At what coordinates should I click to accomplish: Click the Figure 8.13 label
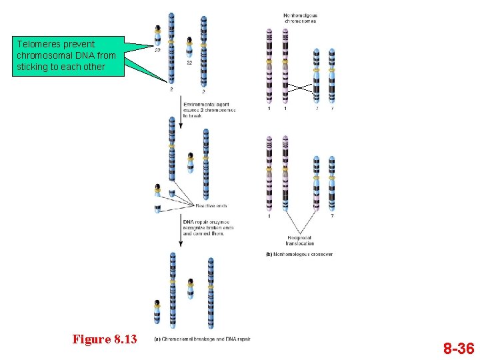tap(105, 339)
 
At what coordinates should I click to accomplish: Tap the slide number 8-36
tap(459, 348)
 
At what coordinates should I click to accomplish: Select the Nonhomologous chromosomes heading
tap(300, 18)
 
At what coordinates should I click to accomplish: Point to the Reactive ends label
tap(211, 206)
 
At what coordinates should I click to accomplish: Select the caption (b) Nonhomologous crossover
tap(299, 254)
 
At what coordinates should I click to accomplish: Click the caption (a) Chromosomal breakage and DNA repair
tap(203, 339)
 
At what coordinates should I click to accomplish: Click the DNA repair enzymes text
tap(207, 228)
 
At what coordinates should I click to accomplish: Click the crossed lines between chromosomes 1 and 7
tap(301, 87)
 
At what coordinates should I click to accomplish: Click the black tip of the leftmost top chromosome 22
tap(157, 29)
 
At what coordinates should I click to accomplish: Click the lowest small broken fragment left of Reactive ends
tap(157, 209)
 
